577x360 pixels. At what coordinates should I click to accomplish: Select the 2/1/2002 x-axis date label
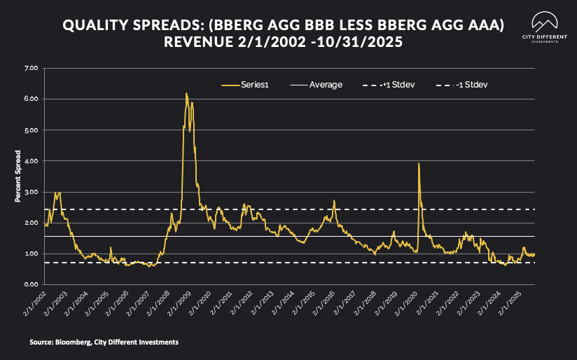pyautogui.click(x=36, y=303)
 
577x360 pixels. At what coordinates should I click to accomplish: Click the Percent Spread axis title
pyautogui.click(x=18, y=176)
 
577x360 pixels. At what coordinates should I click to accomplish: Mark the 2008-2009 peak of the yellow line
pyautogui.click(x=186, y=93)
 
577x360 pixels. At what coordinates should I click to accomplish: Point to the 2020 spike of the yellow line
pyautogui.click(x=419, y=163)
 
